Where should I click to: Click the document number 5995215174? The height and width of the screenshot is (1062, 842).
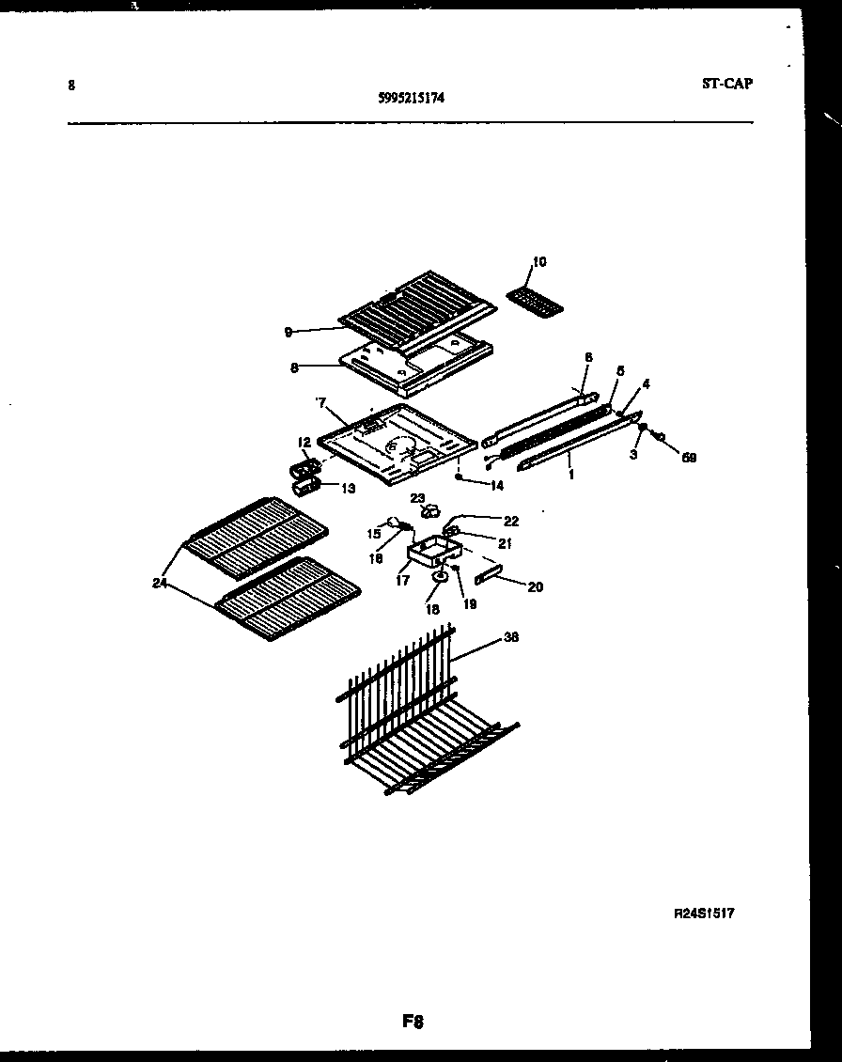coord(407,96)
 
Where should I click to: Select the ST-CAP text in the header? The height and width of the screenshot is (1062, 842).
coord(726,83)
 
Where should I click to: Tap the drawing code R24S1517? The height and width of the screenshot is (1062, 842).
coord(703,913)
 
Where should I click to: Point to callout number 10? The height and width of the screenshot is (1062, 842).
coord(538,261)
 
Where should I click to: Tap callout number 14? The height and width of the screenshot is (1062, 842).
coord(495,486)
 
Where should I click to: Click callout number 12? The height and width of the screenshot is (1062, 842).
coord(304,443)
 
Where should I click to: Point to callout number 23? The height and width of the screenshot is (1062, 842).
coord(417,497)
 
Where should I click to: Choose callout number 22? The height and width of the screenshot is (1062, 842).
coord(510,521)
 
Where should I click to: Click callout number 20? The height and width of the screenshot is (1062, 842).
coord(535,587)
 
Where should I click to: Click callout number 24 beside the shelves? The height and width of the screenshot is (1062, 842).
coord(160,583)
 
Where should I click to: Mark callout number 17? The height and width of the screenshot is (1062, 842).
coord(402,581)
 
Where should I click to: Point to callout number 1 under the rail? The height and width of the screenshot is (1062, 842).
coord(571,476)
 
